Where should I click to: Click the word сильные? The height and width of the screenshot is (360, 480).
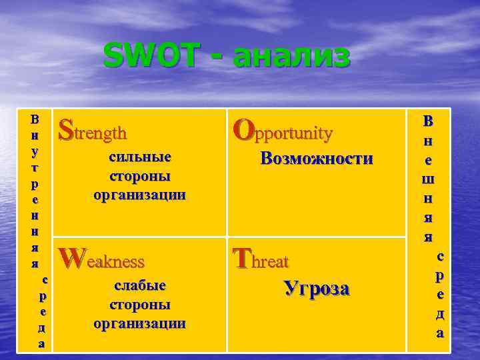(x=140, y=157)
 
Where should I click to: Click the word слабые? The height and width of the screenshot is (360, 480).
(x=140, y=285)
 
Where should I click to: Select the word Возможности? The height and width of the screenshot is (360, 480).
(x=317, y=159)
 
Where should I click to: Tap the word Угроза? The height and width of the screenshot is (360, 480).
(x=317, y=288)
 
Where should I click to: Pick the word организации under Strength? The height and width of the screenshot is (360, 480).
(x=140, y=195)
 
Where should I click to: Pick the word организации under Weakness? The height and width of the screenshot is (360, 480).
(x=140, y=324)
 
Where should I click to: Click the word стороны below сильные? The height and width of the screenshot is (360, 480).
(x=140, y=177)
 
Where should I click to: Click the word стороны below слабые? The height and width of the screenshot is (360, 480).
(x=140, y=305)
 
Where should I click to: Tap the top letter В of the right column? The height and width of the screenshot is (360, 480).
(x=427, y=121)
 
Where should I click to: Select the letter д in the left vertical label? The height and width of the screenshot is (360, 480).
(x=43, y=328)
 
